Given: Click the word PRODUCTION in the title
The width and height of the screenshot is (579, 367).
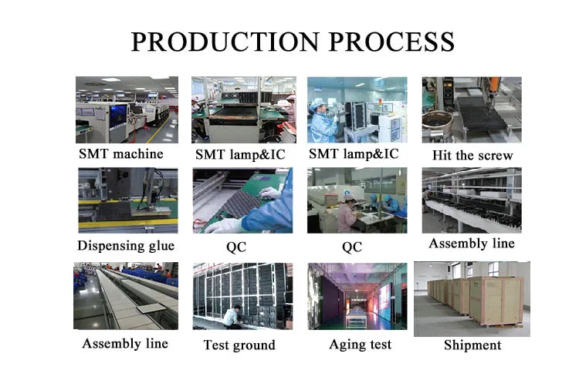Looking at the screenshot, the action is point(225,42).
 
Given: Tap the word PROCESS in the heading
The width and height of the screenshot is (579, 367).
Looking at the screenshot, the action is point(391,42).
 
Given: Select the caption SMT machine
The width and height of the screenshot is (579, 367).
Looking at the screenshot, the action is point(120,153).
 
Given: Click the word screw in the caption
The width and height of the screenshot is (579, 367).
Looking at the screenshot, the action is point(494,155).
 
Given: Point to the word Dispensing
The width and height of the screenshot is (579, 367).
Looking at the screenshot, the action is point(110,246).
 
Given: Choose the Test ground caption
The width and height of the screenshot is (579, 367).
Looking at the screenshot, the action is point(239,345).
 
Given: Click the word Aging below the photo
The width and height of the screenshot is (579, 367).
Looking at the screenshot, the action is point(346,345).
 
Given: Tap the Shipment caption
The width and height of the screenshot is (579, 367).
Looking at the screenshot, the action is point(472,345).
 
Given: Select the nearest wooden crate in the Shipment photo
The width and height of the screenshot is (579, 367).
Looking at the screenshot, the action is point(496,301).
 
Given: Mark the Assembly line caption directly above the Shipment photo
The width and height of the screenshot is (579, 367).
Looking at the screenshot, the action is point(472,244).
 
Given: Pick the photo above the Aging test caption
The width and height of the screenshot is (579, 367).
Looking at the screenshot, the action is point(357,296).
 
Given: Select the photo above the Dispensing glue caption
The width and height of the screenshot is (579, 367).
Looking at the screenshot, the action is point(127,200).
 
